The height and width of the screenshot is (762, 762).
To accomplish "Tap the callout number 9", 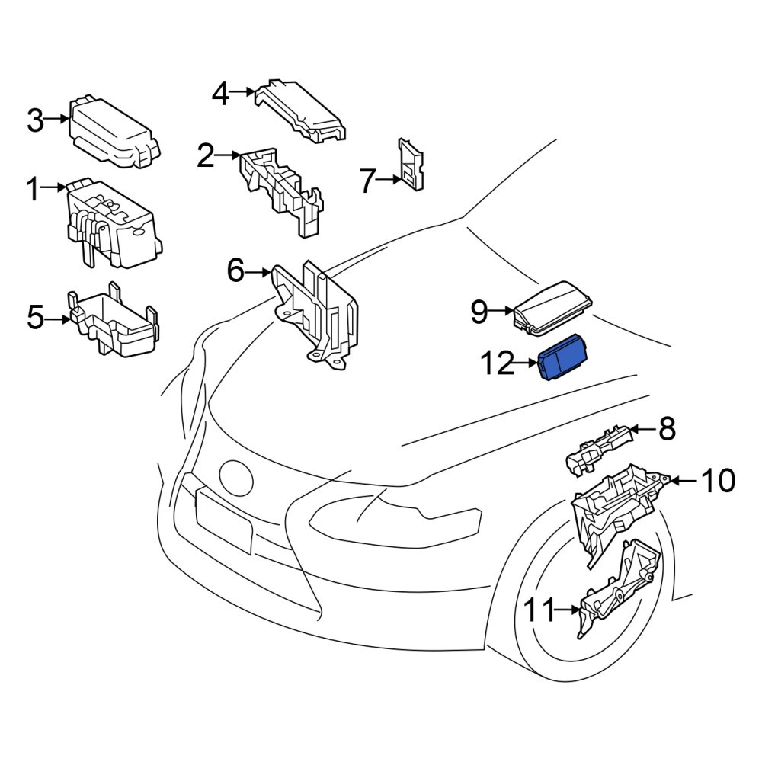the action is click(x=479, y=312).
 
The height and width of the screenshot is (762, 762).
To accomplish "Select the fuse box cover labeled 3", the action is click(x=115, y=132).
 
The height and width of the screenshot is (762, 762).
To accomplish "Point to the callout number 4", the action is click(x=221, y=94).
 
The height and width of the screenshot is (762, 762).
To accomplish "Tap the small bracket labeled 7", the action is click(x=411, y=165).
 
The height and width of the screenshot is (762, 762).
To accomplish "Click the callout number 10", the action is click(x=717, y=481).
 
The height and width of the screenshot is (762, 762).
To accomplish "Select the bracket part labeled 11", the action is click(x=618, y=588).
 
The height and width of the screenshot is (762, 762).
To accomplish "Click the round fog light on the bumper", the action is click(x=236, y=477).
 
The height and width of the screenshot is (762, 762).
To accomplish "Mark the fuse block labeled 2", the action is click(x=282, y=191).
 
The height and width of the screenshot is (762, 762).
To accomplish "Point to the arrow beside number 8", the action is click(x=642, y=429).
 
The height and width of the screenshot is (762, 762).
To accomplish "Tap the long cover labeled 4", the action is click(x=300, y=110).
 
